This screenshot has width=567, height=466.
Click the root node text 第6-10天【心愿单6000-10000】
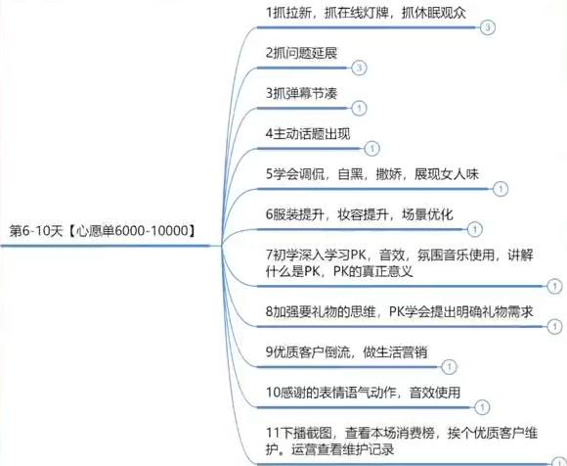coord(103,231)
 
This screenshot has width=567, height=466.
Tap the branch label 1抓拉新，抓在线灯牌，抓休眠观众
coord(366,13)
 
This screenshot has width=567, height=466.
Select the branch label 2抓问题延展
coord(301,53)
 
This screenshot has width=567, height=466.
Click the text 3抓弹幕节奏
coord(301,93)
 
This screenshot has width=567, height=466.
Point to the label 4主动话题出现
coord(308,134)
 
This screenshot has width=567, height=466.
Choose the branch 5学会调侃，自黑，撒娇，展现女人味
coord(372,174)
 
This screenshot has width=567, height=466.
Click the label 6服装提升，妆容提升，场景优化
coord(359,214)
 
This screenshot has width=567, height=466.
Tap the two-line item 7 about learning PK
coord(400,263)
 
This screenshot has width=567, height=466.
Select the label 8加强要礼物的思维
coord(400,311)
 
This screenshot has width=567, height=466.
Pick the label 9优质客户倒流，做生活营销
coord(346,351)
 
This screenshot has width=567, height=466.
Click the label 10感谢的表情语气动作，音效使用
coord(363,393)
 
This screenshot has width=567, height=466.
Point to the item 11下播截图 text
coord(402,441)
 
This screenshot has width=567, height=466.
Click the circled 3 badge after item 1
coord(488,27)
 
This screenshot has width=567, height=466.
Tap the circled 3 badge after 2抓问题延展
coord(359,68)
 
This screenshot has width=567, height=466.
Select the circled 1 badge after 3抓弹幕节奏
coord(359,108)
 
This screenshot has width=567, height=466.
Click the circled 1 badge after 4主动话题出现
coord(372,149)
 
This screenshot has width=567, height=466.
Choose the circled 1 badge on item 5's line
coord(501,189)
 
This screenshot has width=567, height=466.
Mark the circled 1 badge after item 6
coord(475,229)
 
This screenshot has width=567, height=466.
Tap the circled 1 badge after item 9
coord(449,367)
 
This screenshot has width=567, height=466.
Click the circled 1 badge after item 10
coord(482,407)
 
